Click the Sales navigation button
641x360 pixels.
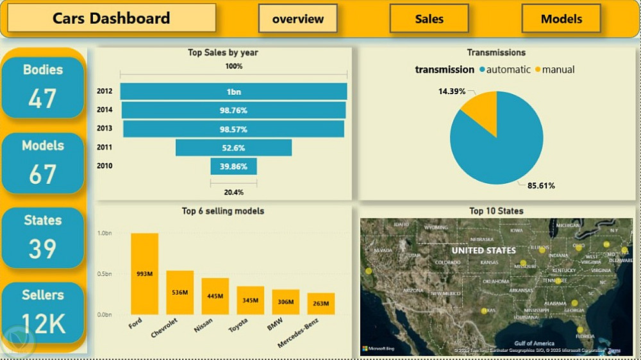pyautogui.click(x=429, y=19)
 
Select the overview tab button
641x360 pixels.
pyautogui.click(x=298, y=19)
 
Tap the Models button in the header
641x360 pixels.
pyautogui.click(x=561, y=19)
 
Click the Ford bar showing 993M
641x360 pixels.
pyautogui.click(x=144, y=274)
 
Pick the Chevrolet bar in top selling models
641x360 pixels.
pyautogui.click(x=179, y=292)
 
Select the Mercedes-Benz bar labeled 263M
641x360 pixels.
pyautogui.click(x=320, y=304)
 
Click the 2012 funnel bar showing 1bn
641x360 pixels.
pyautogui.click(x=233, y=92)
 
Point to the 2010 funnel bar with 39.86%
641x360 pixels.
pyautogui.click(x=233, y=167)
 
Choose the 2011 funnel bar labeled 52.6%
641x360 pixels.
pyautogui.click(x=233, y=148)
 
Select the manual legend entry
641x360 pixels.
pyautogui.click(x=554, y=69)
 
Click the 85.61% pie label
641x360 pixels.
pyautogui.click(x=541, y=186)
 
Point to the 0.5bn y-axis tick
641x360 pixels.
pyautogui.click(x=104, y=274)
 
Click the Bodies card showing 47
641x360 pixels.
pyautogui.click(x=43, y=87)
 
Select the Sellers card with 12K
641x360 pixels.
pyautogui.click(x=43, y=312)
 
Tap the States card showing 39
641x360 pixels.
pyautogui.click(x=43, y=237)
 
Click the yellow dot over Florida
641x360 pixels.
pyautogui.click(x=580, y=330)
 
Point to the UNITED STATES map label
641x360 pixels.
pyautogui.click(x=483, y=250)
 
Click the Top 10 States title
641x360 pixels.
pyautogui.click(x=496, y=211)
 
